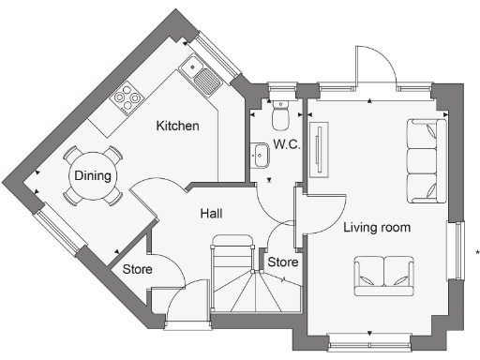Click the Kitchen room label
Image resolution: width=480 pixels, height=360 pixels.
point(177,126)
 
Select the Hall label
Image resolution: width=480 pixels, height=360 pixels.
point(211,214)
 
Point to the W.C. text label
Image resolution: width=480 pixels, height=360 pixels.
point(286,144)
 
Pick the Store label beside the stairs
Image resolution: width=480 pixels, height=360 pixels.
point(282,262)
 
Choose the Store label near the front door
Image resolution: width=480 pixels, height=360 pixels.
point(139,267)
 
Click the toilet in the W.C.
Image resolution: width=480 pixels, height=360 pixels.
point(279,116)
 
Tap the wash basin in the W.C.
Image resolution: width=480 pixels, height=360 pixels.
point(260,153)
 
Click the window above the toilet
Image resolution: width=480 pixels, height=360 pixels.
point(279,93)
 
